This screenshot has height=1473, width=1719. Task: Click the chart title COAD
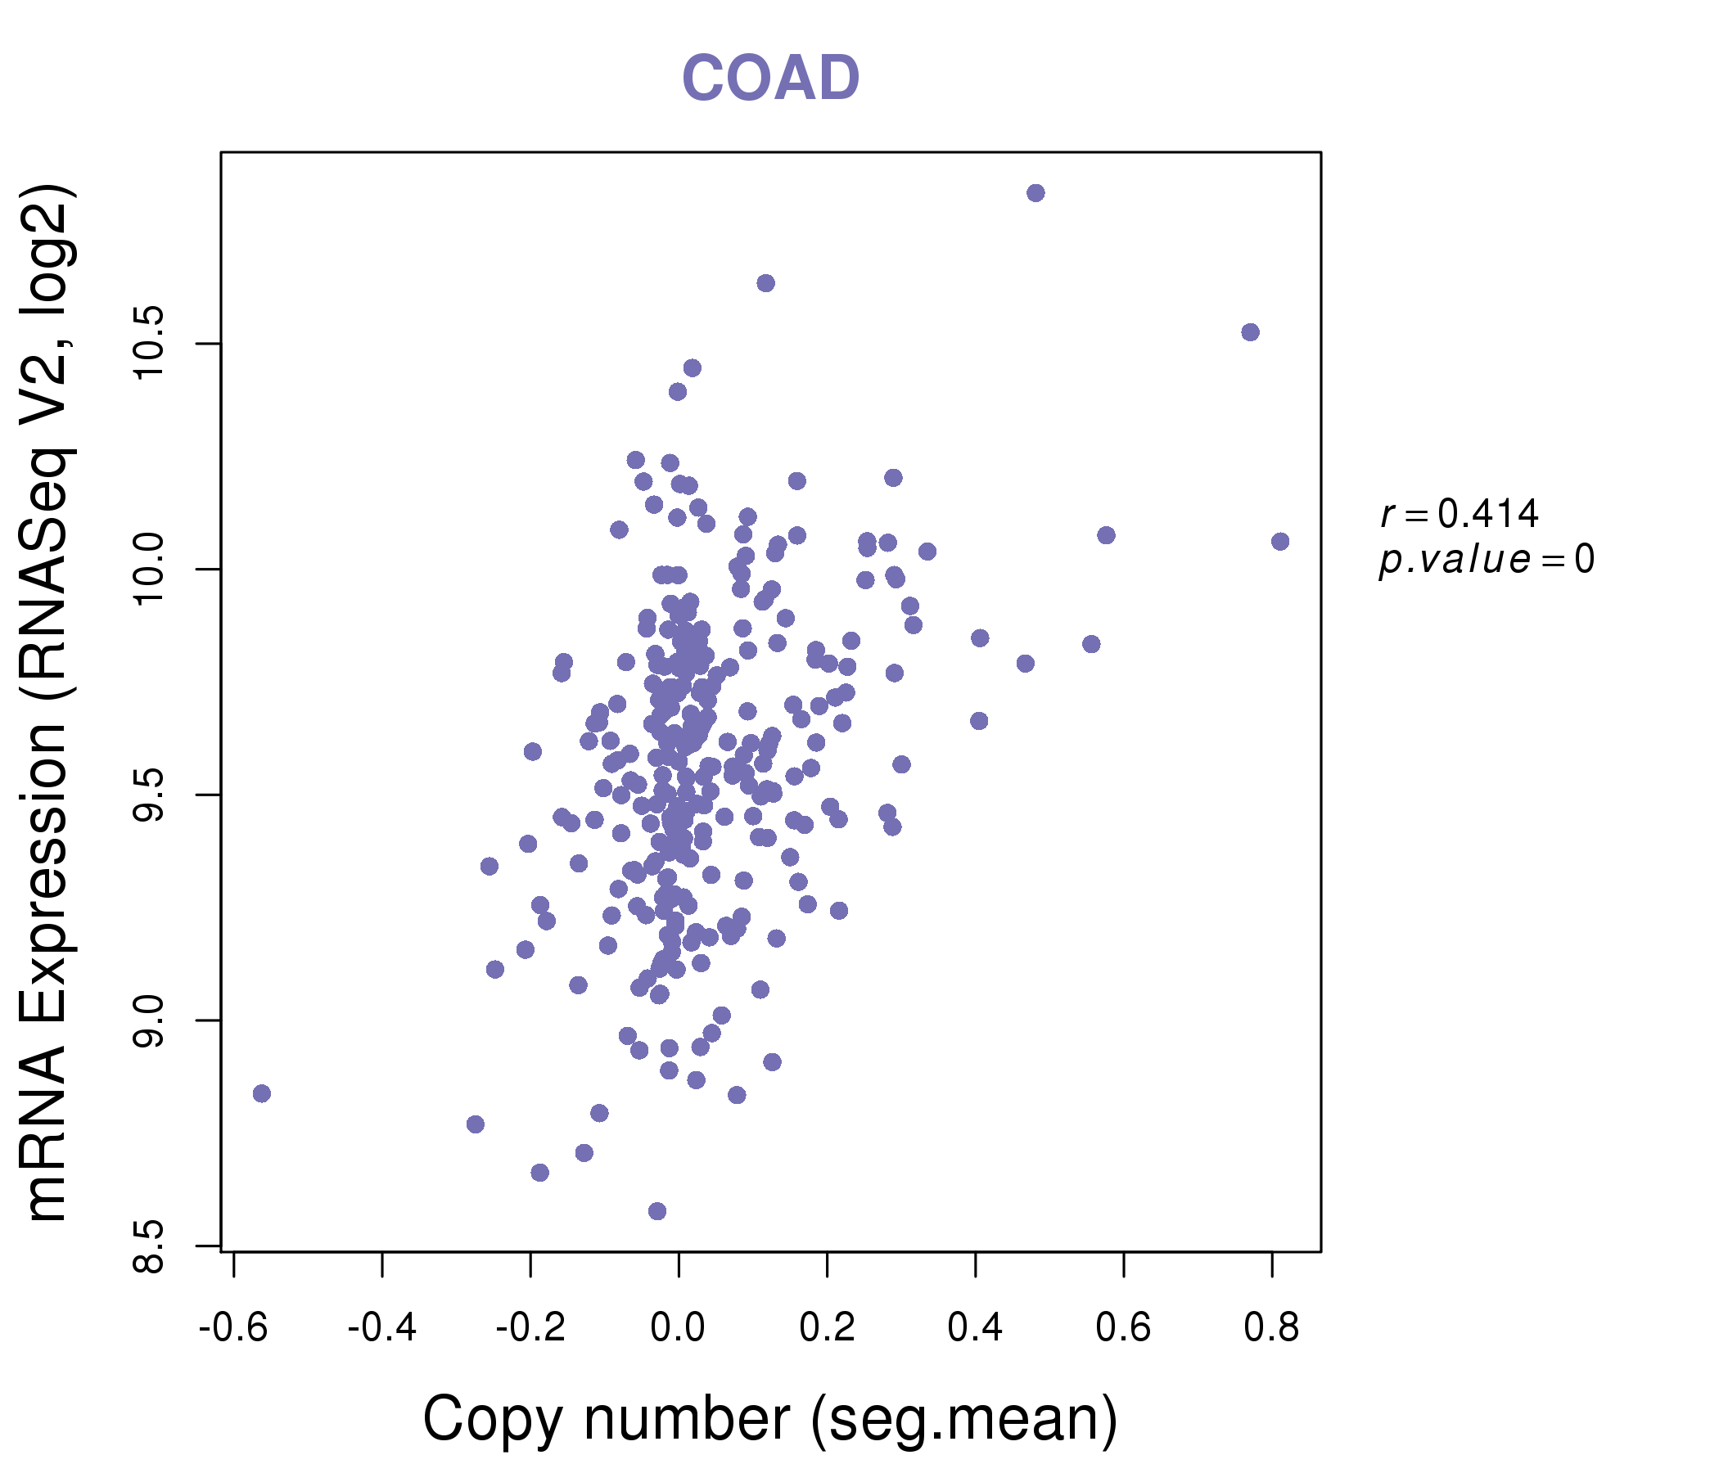(770, 79)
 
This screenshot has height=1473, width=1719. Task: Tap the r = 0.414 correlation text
(1460, 514)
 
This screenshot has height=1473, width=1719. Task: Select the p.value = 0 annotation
(1486, 560)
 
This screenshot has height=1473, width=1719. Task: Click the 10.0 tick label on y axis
(150, 569)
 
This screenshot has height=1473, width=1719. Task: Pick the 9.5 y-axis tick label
(150, 795)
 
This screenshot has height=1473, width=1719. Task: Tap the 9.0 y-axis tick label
(150, 1020)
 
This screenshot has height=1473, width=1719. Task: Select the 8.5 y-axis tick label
(150, 1246)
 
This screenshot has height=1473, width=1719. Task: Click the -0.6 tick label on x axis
(233, 1328)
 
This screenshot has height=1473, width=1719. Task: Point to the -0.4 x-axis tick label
(381, 1328)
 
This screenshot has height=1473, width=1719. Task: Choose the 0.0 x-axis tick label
(678, 1328)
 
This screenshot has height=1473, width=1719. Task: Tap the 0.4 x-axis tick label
(975, 1328)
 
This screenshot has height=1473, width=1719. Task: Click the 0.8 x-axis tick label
(1271, 1328)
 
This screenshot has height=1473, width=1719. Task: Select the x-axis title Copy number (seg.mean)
(770, 1419)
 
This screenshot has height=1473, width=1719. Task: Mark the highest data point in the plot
(1035, 193)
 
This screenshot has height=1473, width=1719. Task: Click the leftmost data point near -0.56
(261, 1093)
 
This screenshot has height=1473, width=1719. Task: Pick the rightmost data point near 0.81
(1280, 542)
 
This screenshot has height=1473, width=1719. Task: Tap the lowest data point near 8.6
(657, 1211)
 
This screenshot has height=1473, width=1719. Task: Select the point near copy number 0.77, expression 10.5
(1250, 332)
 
